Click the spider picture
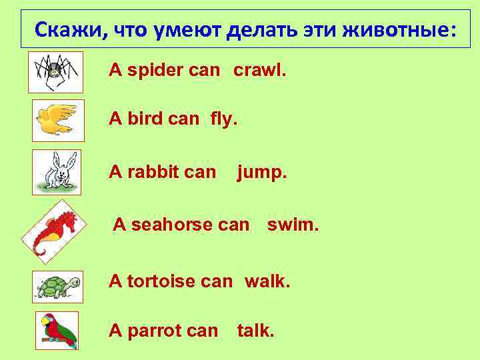tap(55, 71)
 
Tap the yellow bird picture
tap(58, 120)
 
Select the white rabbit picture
tap(56, 172)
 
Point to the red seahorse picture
tap(55, 228)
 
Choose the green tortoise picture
tap(58, 287)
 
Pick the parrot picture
tap(57, 330)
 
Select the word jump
tap(261, 173)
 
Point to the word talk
tap(255, 330)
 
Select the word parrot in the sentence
tap(151, 330)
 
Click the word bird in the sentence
tap(144, 119)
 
